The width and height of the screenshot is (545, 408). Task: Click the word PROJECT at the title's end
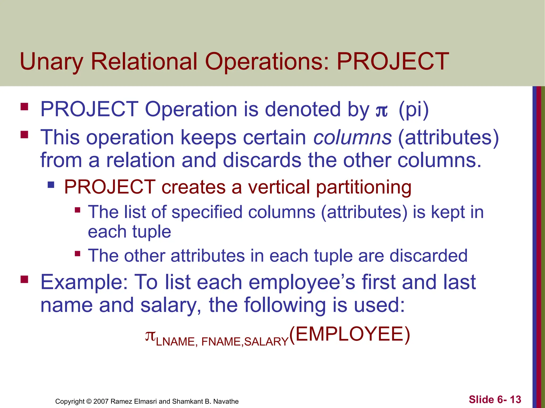(393, 62)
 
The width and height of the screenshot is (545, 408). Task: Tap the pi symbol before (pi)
(381, 111)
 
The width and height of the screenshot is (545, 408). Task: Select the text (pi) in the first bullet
(414, 110)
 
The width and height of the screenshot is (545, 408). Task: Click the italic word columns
(352, 138)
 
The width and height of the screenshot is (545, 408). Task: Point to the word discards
(262, 160)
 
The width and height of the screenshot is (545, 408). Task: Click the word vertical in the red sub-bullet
(279, 187)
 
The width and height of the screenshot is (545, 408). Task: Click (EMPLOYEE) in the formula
(350, 334)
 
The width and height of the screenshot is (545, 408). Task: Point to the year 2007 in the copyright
(101, 401)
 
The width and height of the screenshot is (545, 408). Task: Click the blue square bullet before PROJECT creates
(51, 185)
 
